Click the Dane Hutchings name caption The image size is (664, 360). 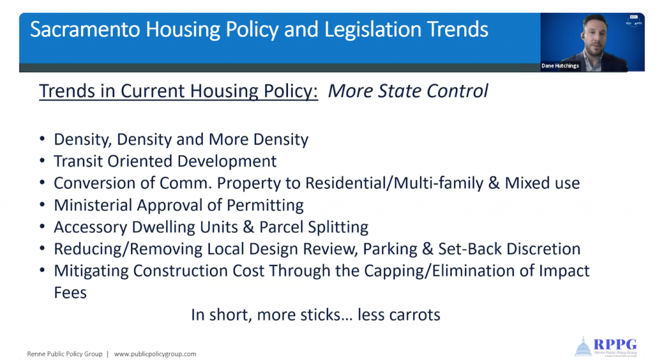click(x=560, y=66)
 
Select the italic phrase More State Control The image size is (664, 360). click(x=408, y=91)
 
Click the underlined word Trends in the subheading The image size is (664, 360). click(x=67, y=91)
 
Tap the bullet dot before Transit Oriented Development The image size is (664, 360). click(x=42, y=160)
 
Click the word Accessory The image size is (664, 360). click(x=90, y=227)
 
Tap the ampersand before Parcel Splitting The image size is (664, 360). click(x=248, y=226)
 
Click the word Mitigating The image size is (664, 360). click(x=91, y=271)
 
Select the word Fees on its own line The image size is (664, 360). click(x=70, y=293)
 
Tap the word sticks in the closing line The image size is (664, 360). click(x=320, y=315)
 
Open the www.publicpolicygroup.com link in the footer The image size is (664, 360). click(x=155, y=354)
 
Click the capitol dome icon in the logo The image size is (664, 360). click(x=583, y=346)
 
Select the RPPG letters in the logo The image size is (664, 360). click(x=615, y=344)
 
